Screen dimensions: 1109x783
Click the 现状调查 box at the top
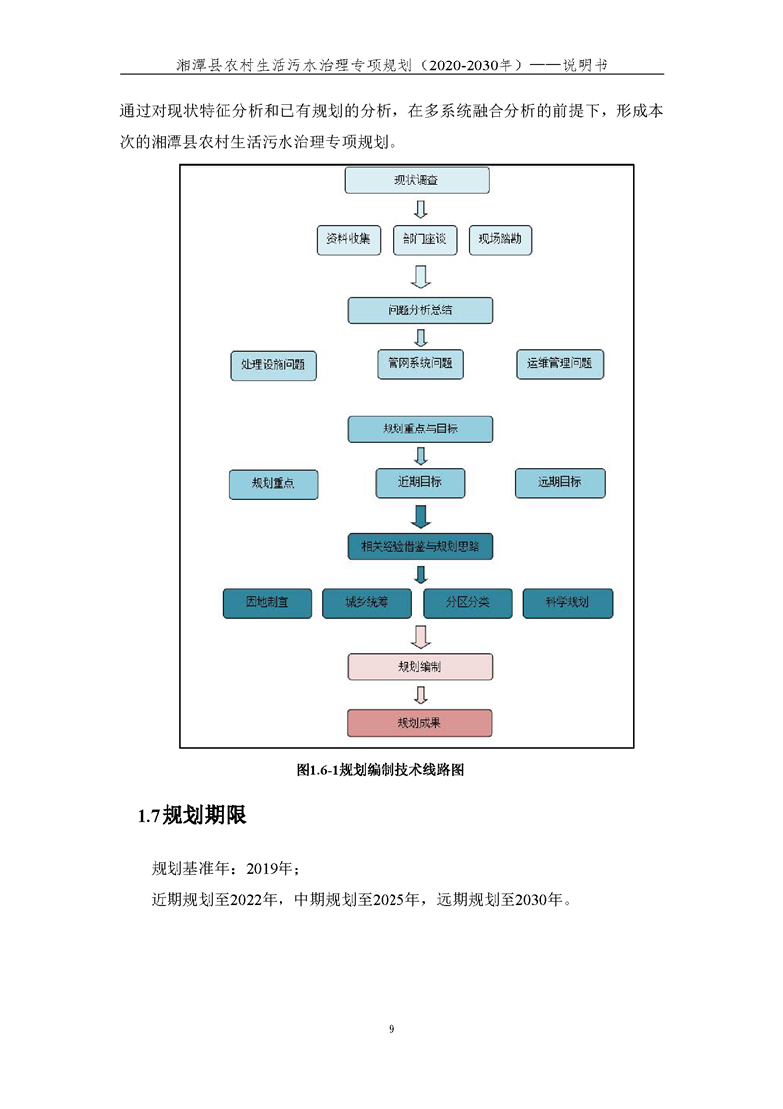(x=416, y=181)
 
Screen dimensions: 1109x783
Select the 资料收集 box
(x=348, y=239)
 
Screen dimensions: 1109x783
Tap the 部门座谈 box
(x=425, y=239)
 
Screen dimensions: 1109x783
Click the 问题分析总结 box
(x=419, y=309)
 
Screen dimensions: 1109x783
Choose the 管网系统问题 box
(x=419, y=363)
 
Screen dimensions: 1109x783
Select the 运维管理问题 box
(x=559, y=364)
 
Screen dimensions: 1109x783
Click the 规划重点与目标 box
(x=419, y=429)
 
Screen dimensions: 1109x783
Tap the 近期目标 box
(x=419, y=482)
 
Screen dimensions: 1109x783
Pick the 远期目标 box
(x=559, y=483)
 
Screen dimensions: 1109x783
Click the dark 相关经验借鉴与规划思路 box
(x=419, y=546)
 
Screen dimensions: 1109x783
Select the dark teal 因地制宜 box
(x=268, y=603)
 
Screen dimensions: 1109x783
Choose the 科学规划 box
(x=567, y=603)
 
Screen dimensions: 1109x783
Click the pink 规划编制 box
(x=419, y=667)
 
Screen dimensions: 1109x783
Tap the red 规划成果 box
(x=419, y=723)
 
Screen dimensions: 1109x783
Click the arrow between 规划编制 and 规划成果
(x=420, y=694)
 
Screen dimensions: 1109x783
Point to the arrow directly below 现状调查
(x=420, y=209)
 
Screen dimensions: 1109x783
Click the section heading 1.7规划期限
(x=190, y=816)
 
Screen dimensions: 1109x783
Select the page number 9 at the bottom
(x=391, y=1028)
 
